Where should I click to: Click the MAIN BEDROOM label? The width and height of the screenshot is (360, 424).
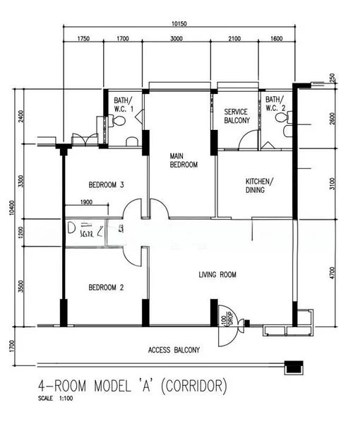[183, 160]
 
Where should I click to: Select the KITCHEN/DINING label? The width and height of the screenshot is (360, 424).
[259, 185]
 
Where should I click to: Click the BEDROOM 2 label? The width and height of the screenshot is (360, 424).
[106, 288]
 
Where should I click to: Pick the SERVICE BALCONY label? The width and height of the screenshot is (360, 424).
[236, 117]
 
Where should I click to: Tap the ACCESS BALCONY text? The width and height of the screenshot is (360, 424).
[174, 350]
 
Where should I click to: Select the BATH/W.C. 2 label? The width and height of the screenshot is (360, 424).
[275, 104]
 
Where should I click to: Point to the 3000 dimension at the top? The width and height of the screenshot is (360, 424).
[176, 40]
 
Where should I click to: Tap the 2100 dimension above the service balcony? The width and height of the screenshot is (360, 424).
[235, 40]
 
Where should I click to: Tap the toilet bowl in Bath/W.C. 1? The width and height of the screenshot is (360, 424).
[119, 122]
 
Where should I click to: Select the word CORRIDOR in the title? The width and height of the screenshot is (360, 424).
[193, 386]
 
